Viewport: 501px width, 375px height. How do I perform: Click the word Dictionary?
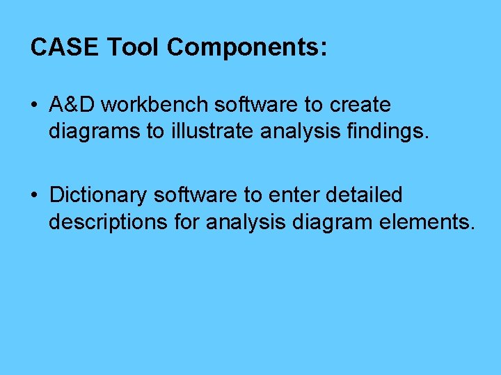point(99,195)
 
